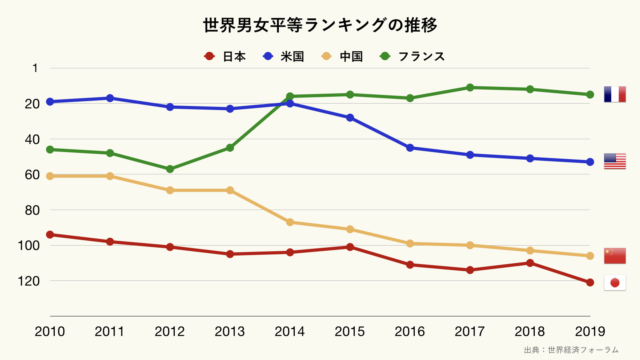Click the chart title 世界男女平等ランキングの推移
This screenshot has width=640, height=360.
point(320,23)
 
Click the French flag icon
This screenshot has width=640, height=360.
point(614,95)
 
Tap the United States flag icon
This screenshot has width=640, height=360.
point(614,162)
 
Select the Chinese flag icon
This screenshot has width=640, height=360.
point(614,255)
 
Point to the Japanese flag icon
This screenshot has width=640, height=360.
point(614,283)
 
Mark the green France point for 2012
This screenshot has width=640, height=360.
point(170,169)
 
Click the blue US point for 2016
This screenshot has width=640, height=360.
point(410,148)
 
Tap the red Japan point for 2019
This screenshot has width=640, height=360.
point(589,283)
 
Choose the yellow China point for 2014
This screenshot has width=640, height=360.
point(290,222)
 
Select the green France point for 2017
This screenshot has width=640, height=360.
point(470,87)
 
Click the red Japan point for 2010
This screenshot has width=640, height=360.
point(50,235)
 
